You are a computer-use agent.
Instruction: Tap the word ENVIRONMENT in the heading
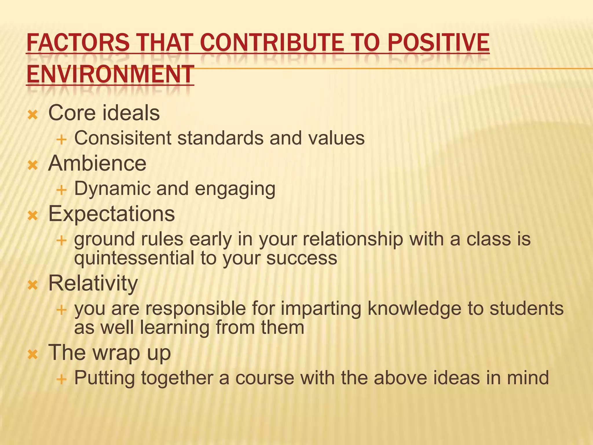pos(110,74)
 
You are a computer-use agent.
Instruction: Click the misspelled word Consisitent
pos(123,138)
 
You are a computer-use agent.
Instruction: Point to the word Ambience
pos(97,164)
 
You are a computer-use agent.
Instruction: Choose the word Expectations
pos(111,214)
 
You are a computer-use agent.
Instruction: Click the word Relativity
pos(93,283)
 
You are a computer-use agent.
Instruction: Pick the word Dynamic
pos(112,189)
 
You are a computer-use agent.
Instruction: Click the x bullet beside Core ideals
pos(33,115)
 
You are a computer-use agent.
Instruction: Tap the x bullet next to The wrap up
pos(33,354)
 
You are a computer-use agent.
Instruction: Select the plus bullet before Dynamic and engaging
pos(61,190)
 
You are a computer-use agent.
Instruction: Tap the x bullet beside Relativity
pos(33,285)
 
